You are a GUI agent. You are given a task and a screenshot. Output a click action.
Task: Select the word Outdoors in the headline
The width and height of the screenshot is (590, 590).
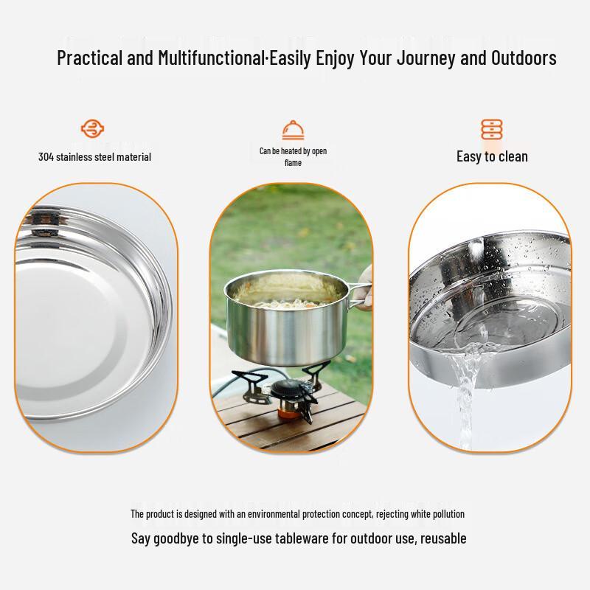pos(524,58)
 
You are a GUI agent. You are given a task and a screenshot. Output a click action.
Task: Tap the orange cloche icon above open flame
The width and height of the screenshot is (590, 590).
pos(294,130)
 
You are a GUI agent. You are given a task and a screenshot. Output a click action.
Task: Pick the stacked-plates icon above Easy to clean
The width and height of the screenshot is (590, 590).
pos(491,130)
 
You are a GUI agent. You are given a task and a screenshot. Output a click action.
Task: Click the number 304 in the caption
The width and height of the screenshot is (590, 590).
pos(46,156)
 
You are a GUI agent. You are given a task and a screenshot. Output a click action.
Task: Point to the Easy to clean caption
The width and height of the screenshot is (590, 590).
pos(492,156)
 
